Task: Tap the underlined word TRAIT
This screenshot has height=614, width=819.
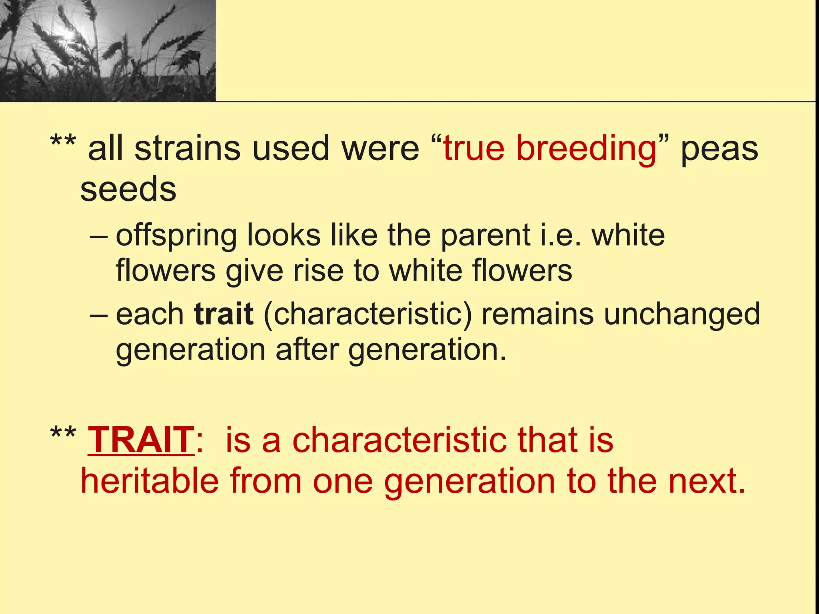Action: [141, 440]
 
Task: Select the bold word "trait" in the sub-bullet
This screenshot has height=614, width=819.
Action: [224, 314]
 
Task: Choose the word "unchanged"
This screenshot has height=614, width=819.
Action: [682, 314]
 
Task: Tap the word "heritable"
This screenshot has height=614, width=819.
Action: [150, 481]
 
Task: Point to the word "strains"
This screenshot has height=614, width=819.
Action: [187, 149]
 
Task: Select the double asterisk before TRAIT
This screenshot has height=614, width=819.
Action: [63, 433]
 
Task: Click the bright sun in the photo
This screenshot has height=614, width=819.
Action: [68, 34]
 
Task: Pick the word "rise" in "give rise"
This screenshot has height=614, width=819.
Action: [318, 271]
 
